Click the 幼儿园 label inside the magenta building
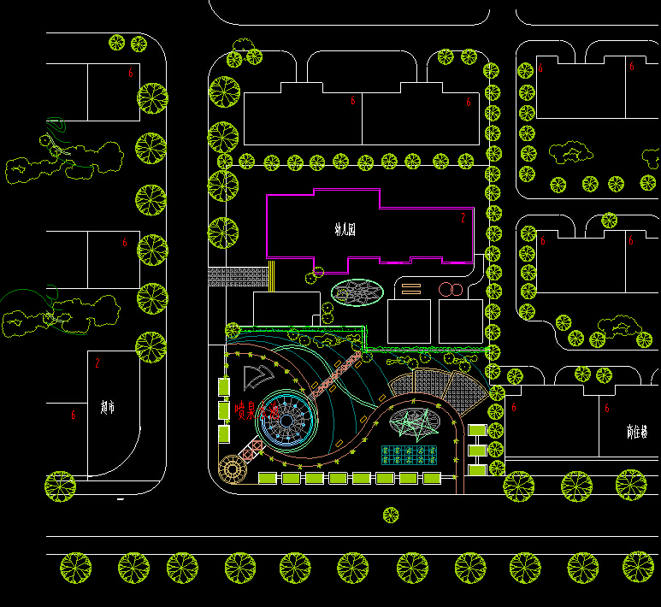point(345,229)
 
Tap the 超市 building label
point(107,408)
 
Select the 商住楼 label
point(636,430)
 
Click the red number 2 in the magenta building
point(463,218)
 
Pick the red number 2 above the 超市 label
point(97,363)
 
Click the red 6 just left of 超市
point(74,415)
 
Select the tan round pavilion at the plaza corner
point(231,469)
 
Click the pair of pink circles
point(450,290)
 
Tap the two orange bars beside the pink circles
point(411,288)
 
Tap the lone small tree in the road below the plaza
point(391,515)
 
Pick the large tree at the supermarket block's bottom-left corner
point(61,486)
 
